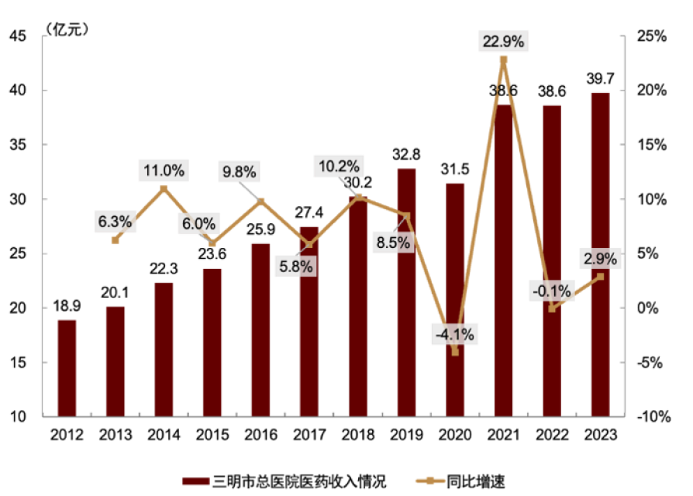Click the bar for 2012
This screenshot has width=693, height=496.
click(67, 368)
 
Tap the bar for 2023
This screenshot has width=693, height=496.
click(600, 256)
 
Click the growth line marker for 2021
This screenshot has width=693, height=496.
click(503, 60)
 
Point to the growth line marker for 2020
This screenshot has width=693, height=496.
click(455, 352)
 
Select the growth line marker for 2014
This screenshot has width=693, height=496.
click(164, 188)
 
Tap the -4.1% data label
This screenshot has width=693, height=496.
click(454, 335)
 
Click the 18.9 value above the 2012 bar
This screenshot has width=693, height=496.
click(67, 306)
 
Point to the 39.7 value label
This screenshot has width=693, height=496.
click(600, 78)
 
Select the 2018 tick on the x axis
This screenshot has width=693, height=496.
click(357, 435)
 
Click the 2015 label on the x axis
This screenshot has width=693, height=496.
click(212, 435)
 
